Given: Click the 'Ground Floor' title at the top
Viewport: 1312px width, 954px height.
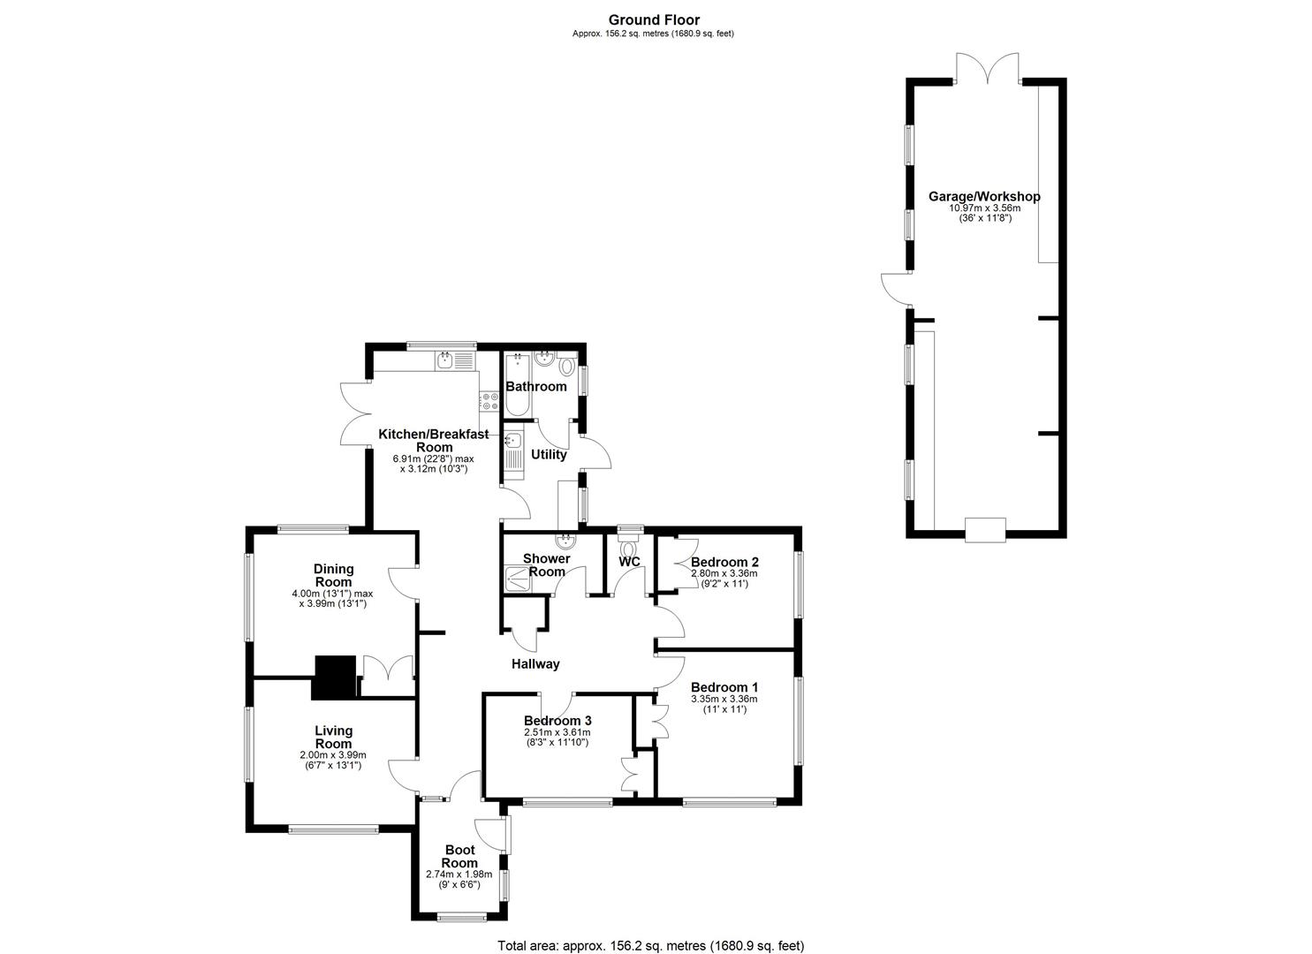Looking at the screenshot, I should tap(654, 20).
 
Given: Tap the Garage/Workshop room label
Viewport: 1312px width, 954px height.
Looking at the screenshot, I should tap(983, 197).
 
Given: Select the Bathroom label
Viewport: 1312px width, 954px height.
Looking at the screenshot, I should tap(535, 387).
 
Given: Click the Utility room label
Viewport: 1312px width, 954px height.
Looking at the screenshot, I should tap(548, 455).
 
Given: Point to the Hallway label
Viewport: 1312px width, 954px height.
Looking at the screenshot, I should tap(535, 664).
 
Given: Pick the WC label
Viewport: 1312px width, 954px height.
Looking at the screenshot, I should tap(629, 562).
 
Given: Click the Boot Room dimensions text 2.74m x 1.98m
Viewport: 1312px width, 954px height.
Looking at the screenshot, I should tap(459, 874).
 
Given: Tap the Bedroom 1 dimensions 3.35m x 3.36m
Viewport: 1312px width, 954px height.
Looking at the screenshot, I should tap(724, 699).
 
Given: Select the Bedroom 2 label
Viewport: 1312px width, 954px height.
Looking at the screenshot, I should tap(724, 562).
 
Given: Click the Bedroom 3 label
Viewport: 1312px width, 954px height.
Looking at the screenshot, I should tap(557, 720).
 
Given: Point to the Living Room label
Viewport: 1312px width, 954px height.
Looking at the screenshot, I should tap(333, 737).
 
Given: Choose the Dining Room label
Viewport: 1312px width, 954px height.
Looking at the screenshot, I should tap(333, 575).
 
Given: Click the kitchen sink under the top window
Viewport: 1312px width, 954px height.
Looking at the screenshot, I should tap(444, 360).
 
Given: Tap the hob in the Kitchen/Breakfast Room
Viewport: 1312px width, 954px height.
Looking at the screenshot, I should tap(488, 402).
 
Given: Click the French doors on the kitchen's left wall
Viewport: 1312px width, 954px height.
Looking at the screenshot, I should tap(356, 413).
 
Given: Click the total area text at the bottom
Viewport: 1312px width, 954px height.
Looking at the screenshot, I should tap(651, 944).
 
